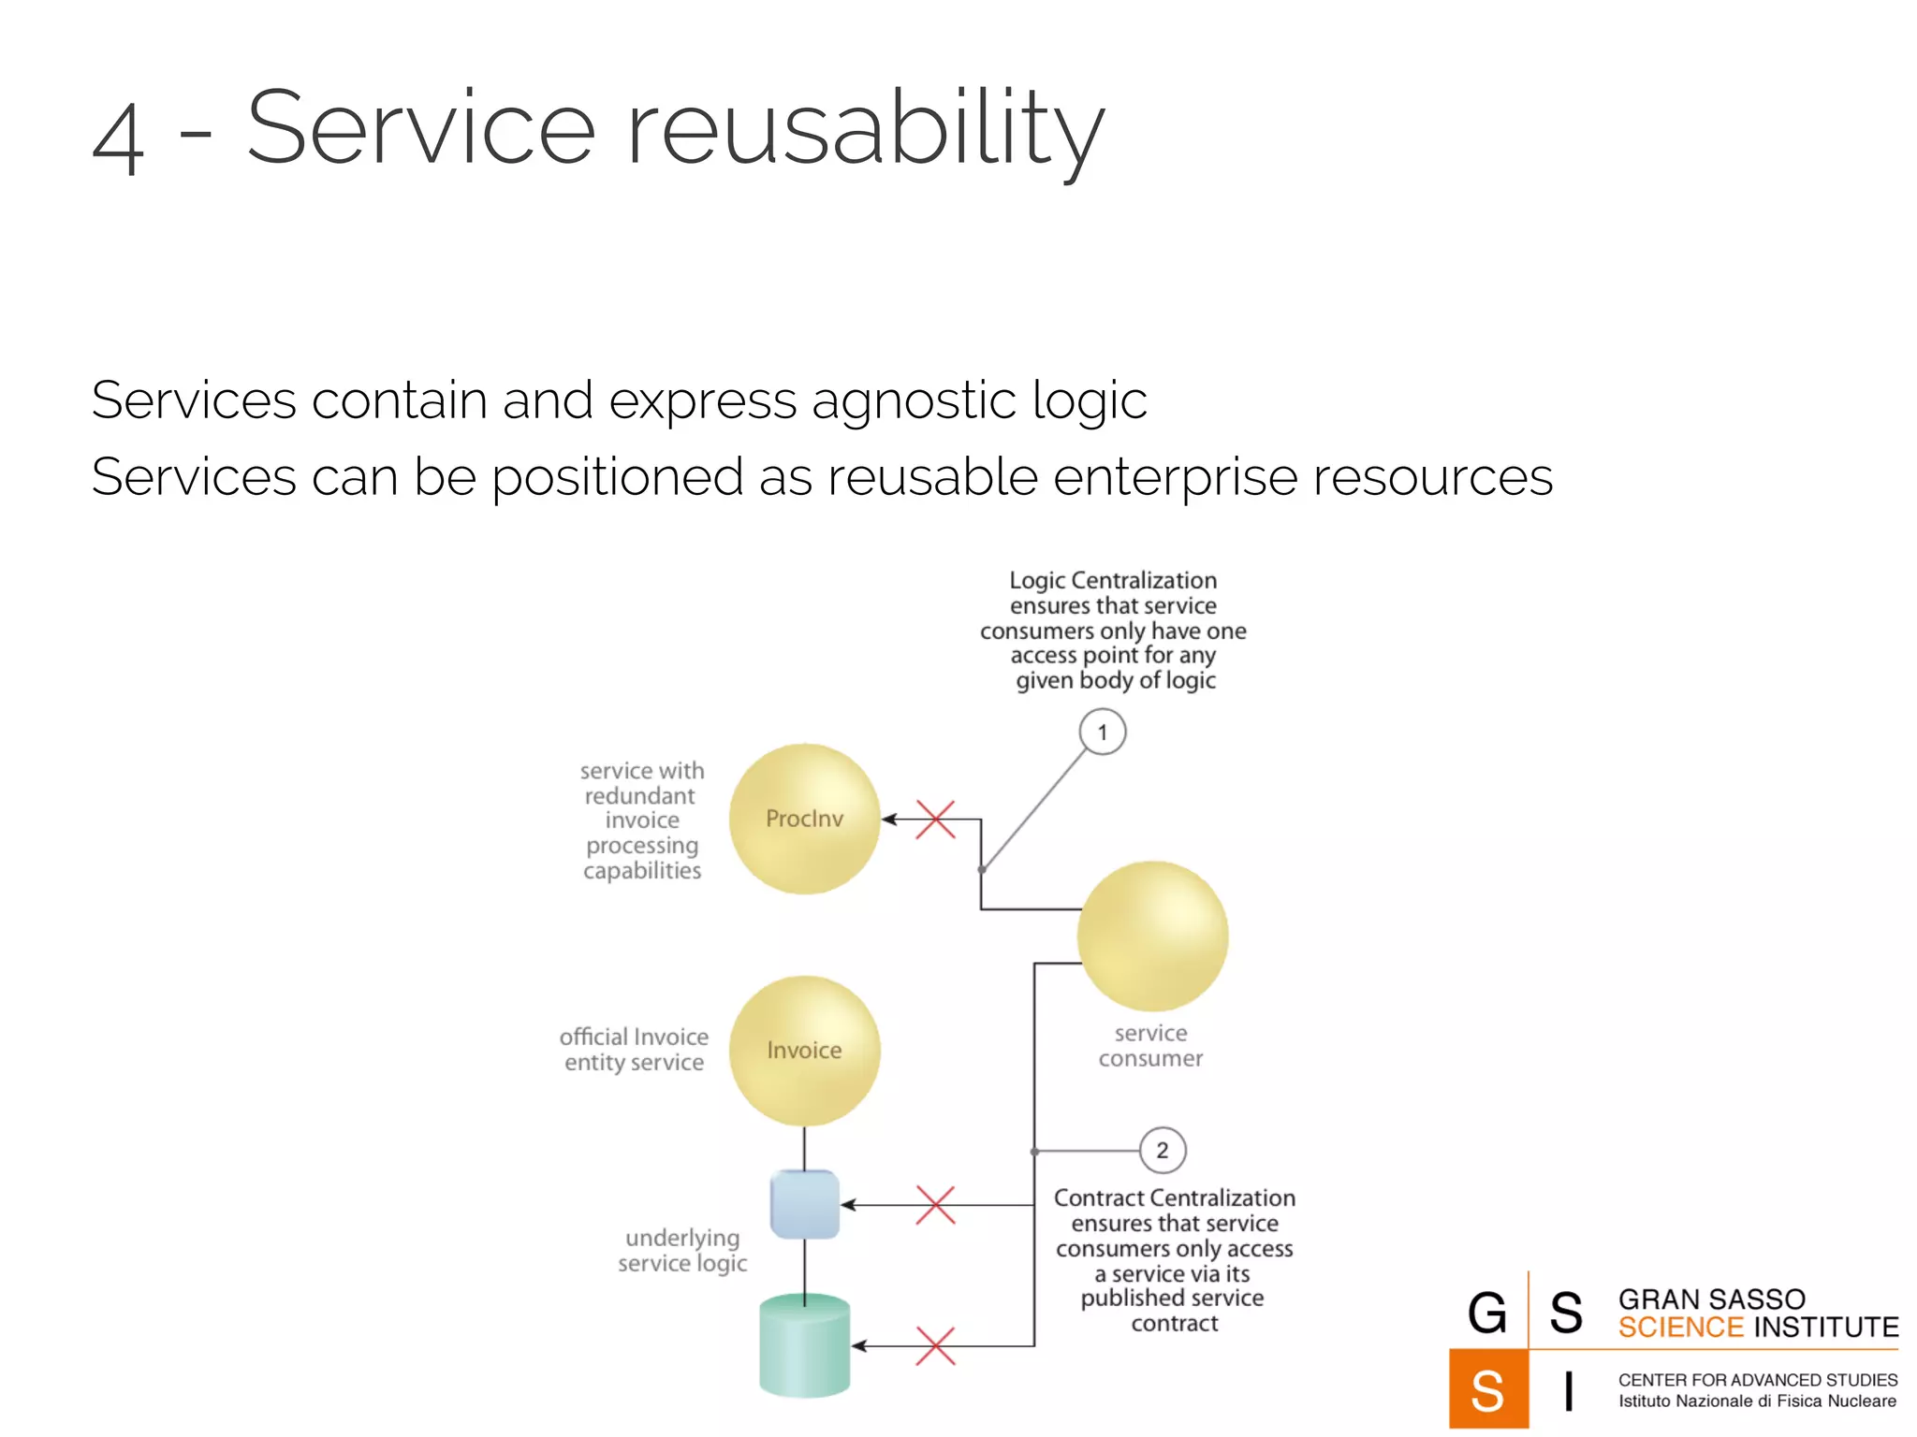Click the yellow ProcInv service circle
point(804,819)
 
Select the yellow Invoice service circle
point(804,1051)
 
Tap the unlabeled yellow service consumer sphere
point(1152,936)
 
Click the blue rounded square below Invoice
point(804,1205)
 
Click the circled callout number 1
point(1102,733)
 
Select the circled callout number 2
point(1162,1151)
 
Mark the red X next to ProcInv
point(935,820)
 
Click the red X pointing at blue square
point(935,1205)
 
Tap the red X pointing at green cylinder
point(935,1346)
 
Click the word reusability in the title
point(865,129)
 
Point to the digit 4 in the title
point(119,138)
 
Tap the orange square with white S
point(1488,1389)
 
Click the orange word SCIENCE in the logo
point(1680,1328)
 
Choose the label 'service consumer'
point(1150,1046)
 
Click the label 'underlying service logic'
point(682,1251)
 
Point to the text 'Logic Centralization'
point(1113,580)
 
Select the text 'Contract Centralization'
point(1175,1198)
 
